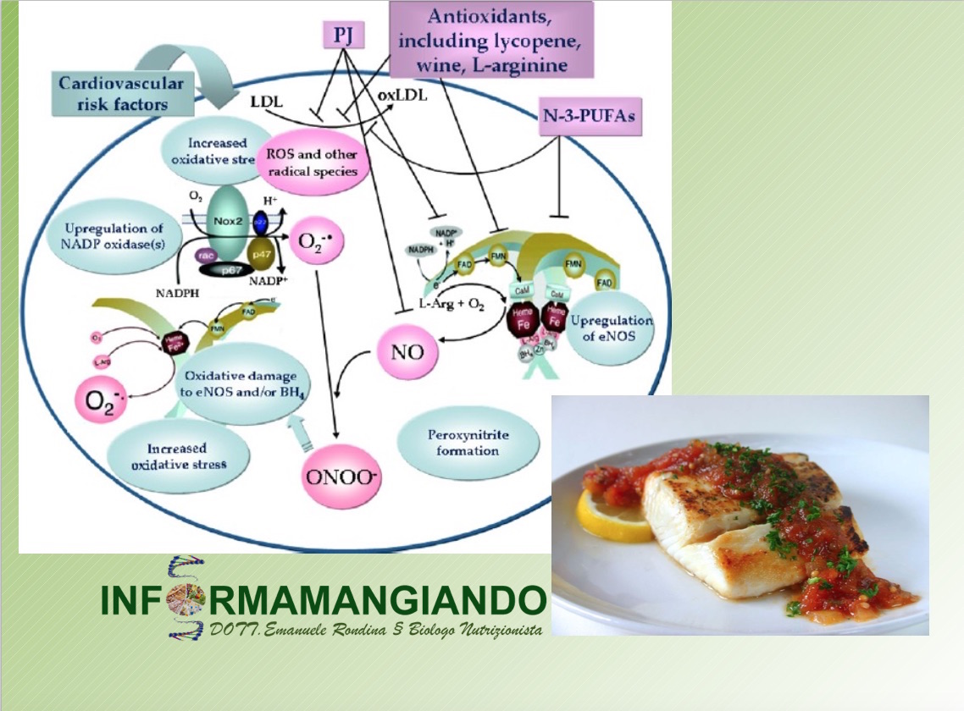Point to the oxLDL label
click(x=402, y=95)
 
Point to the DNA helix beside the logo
click(x=184, y=598)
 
